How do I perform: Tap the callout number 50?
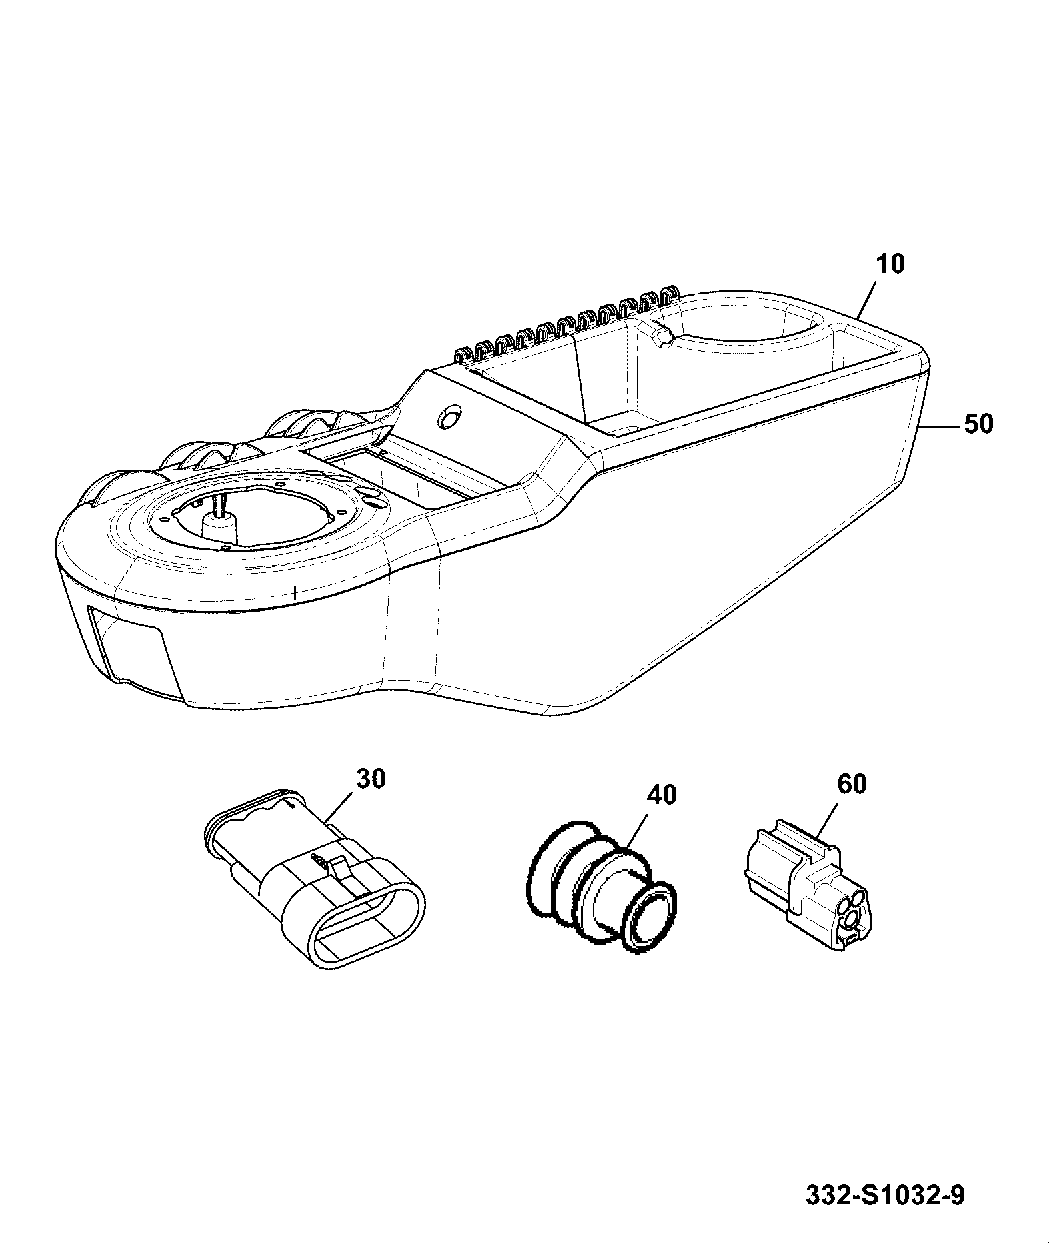click(978, 424)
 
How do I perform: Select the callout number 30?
click(371, 778)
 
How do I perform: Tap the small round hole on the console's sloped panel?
click(449, 418)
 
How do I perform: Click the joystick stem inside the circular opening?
click(219, 512)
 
